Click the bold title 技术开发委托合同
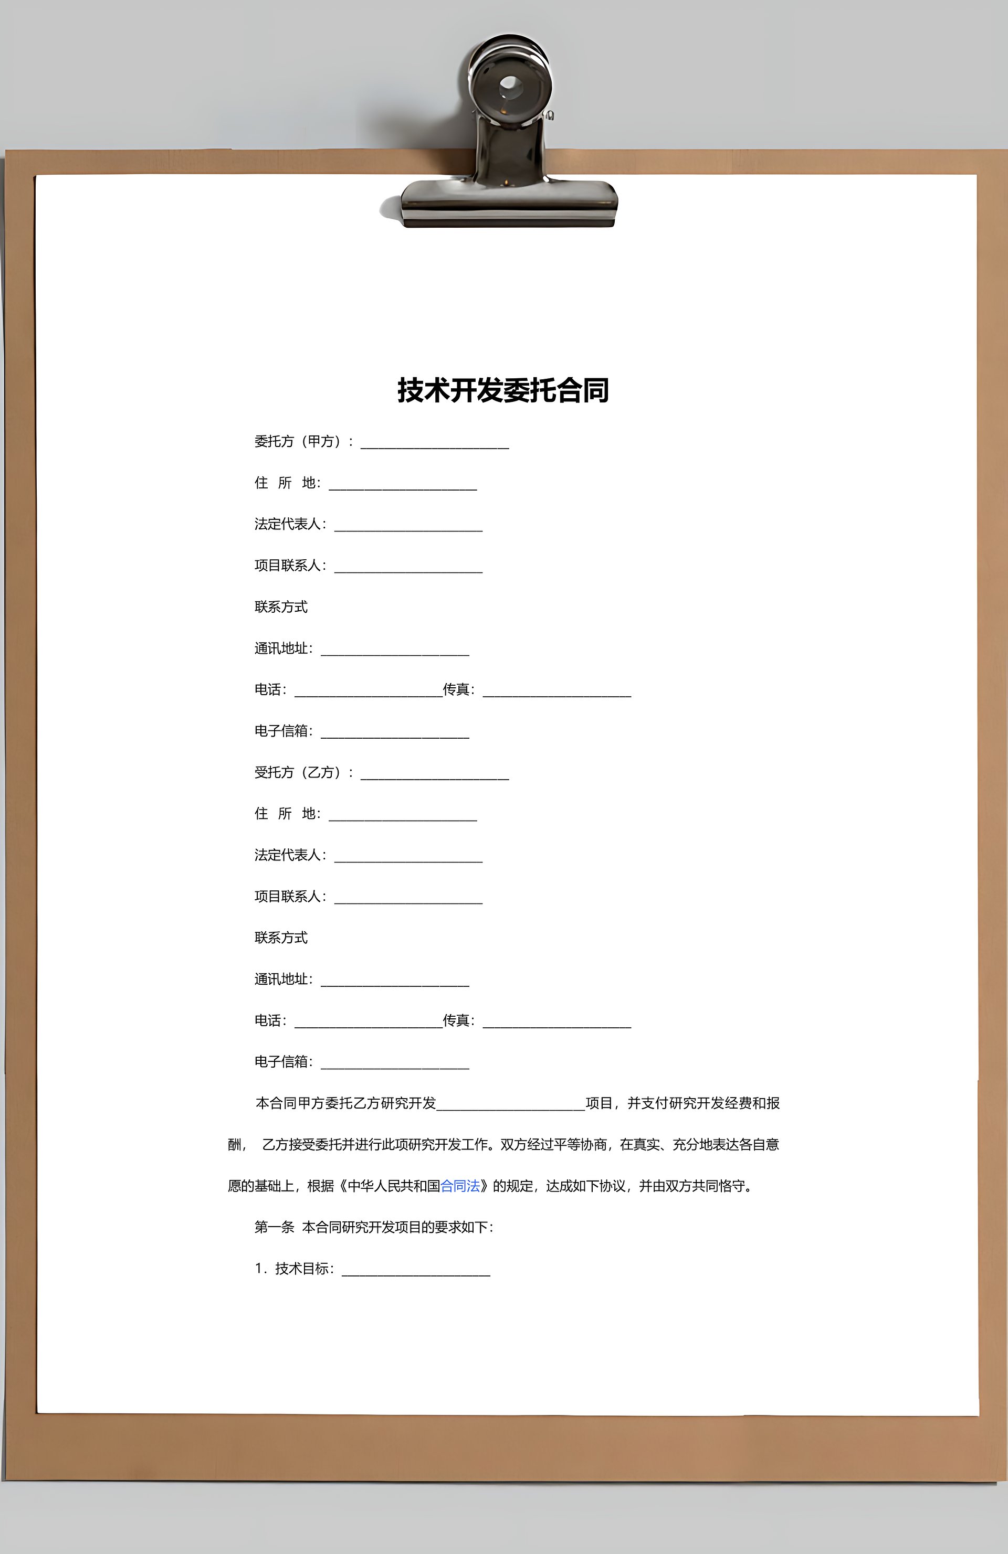coord(503,390)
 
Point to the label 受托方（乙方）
coord(299,772)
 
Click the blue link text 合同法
coord(460,1186)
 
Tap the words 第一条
coord(275,1228)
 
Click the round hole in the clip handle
coord(510,86)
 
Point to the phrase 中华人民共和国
coord(393,1186)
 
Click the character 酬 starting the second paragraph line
coord(235,1145)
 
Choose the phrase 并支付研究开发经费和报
coord(703,1103)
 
